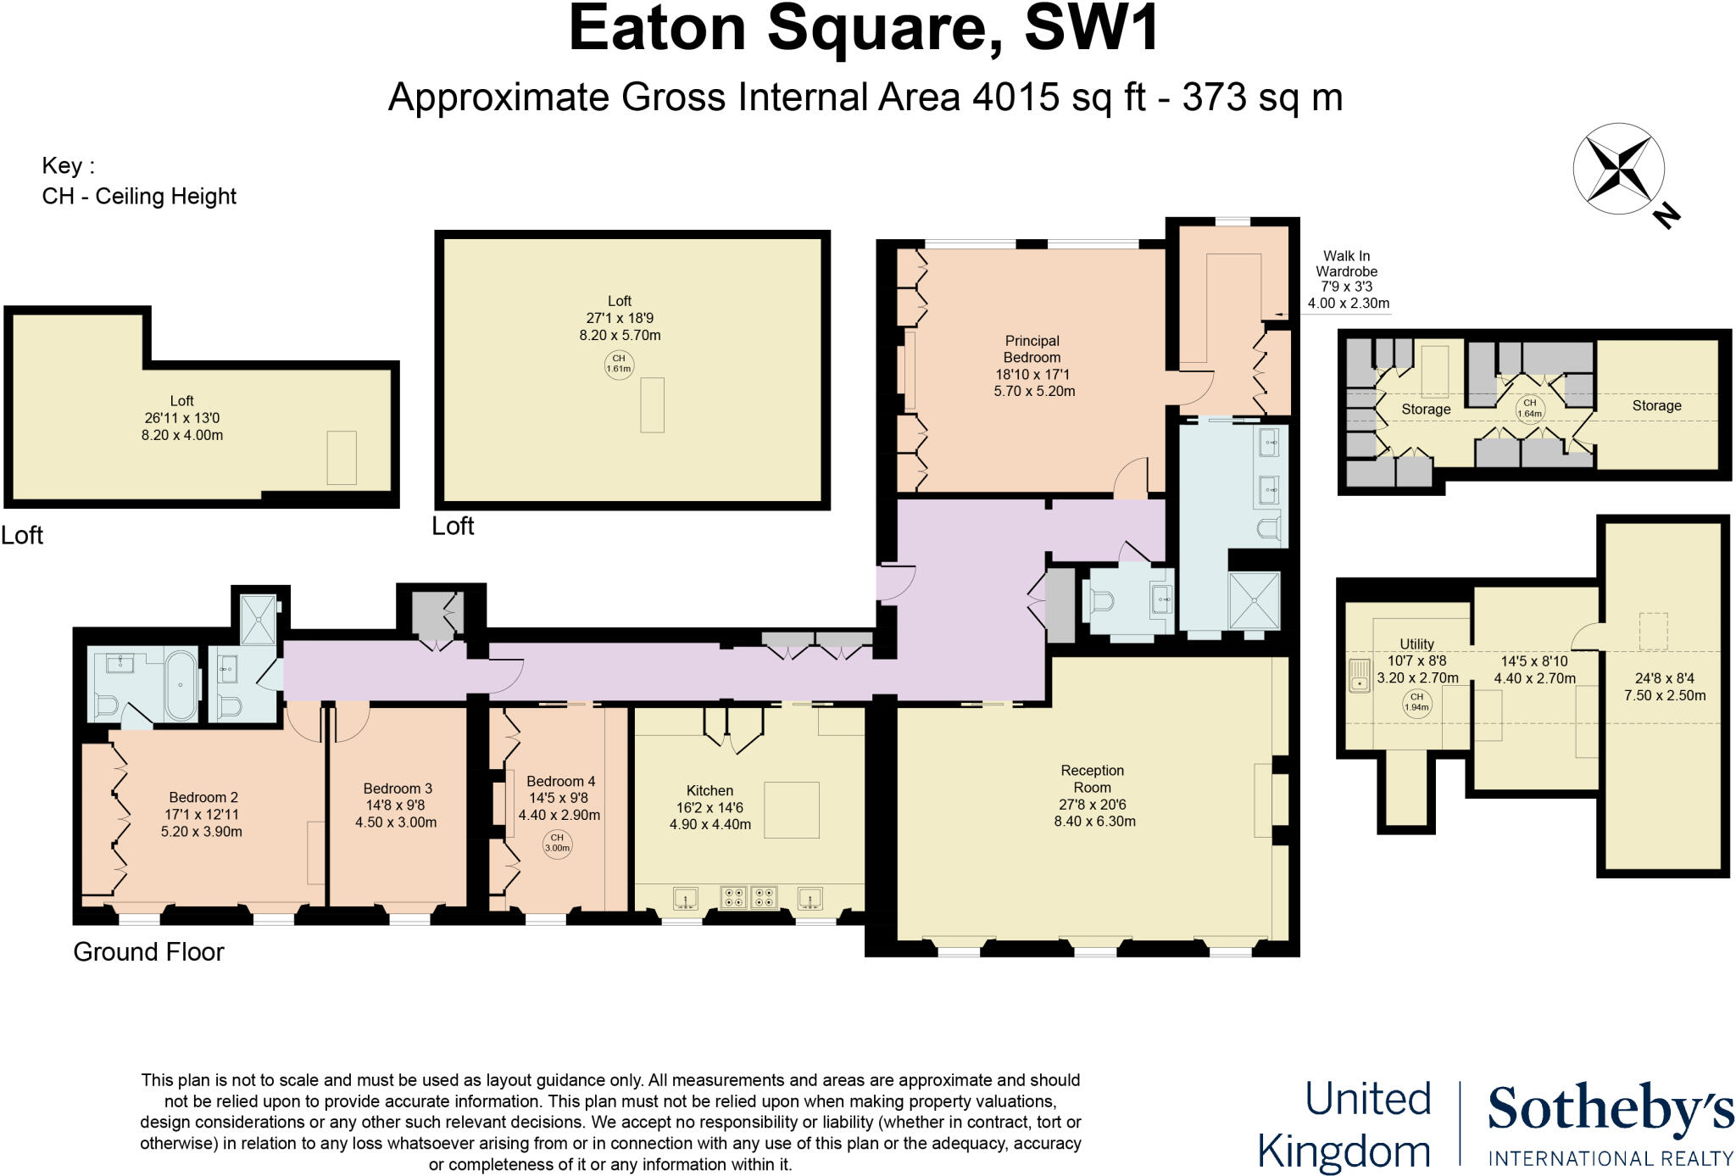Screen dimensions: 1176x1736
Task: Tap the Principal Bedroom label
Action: [x=1032, y=349]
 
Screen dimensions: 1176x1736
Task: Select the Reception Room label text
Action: [x=1092, y=778]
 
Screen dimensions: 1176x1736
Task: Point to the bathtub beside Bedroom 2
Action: [x=181, y=685]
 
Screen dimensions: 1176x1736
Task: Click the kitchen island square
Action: [x=792, y=810]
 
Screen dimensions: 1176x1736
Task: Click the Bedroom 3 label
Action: [x=398, y=789]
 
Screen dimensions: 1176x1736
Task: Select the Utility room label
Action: [x=1416, y=644]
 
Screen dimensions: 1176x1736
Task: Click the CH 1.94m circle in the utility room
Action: [x=1416, y=702]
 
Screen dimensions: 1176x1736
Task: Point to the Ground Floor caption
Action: [x=148, y=951]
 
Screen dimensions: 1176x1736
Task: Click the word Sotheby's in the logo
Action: [x=1610, y=1110]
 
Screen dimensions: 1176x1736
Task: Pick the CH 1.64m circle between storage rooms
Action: [x=1529, y=409]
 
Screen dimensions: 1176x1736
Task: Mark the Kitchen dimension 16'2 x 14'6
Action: [x=709, y=807]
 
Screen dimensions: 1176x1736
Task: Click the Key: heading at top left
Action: [x=68, y=165]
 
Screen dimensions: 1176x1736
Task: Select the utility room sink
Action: [x=1360, y=676]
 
